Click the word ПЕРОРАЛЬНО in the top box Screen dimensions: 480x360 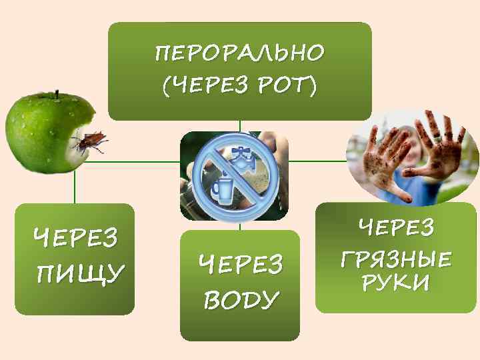[x=239, y=52]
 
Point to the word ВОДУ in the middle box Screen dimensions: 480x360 [x=240, y=299]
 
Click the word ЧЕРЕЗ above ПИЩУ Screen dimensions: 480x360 [x=76, y=237]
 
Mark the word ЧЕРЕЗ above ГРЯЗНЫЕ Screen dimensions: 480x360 [x=396, y=228]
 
